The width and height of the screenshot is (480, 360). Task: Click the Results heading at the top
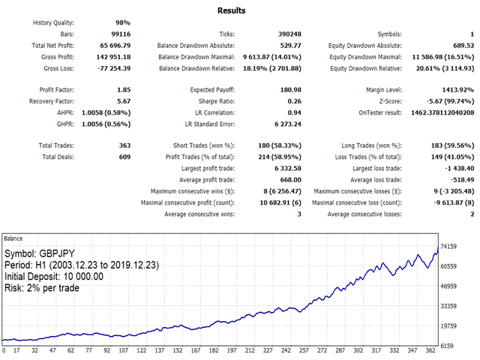coord(232,10)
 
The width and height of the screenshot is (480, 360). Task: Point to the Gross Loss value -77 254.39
coord(109,68)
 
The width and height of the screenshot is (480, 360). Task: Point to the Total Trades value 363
coord(121,145)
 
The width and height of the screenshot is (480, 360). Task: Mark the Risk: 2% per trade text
coord(46,287)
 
